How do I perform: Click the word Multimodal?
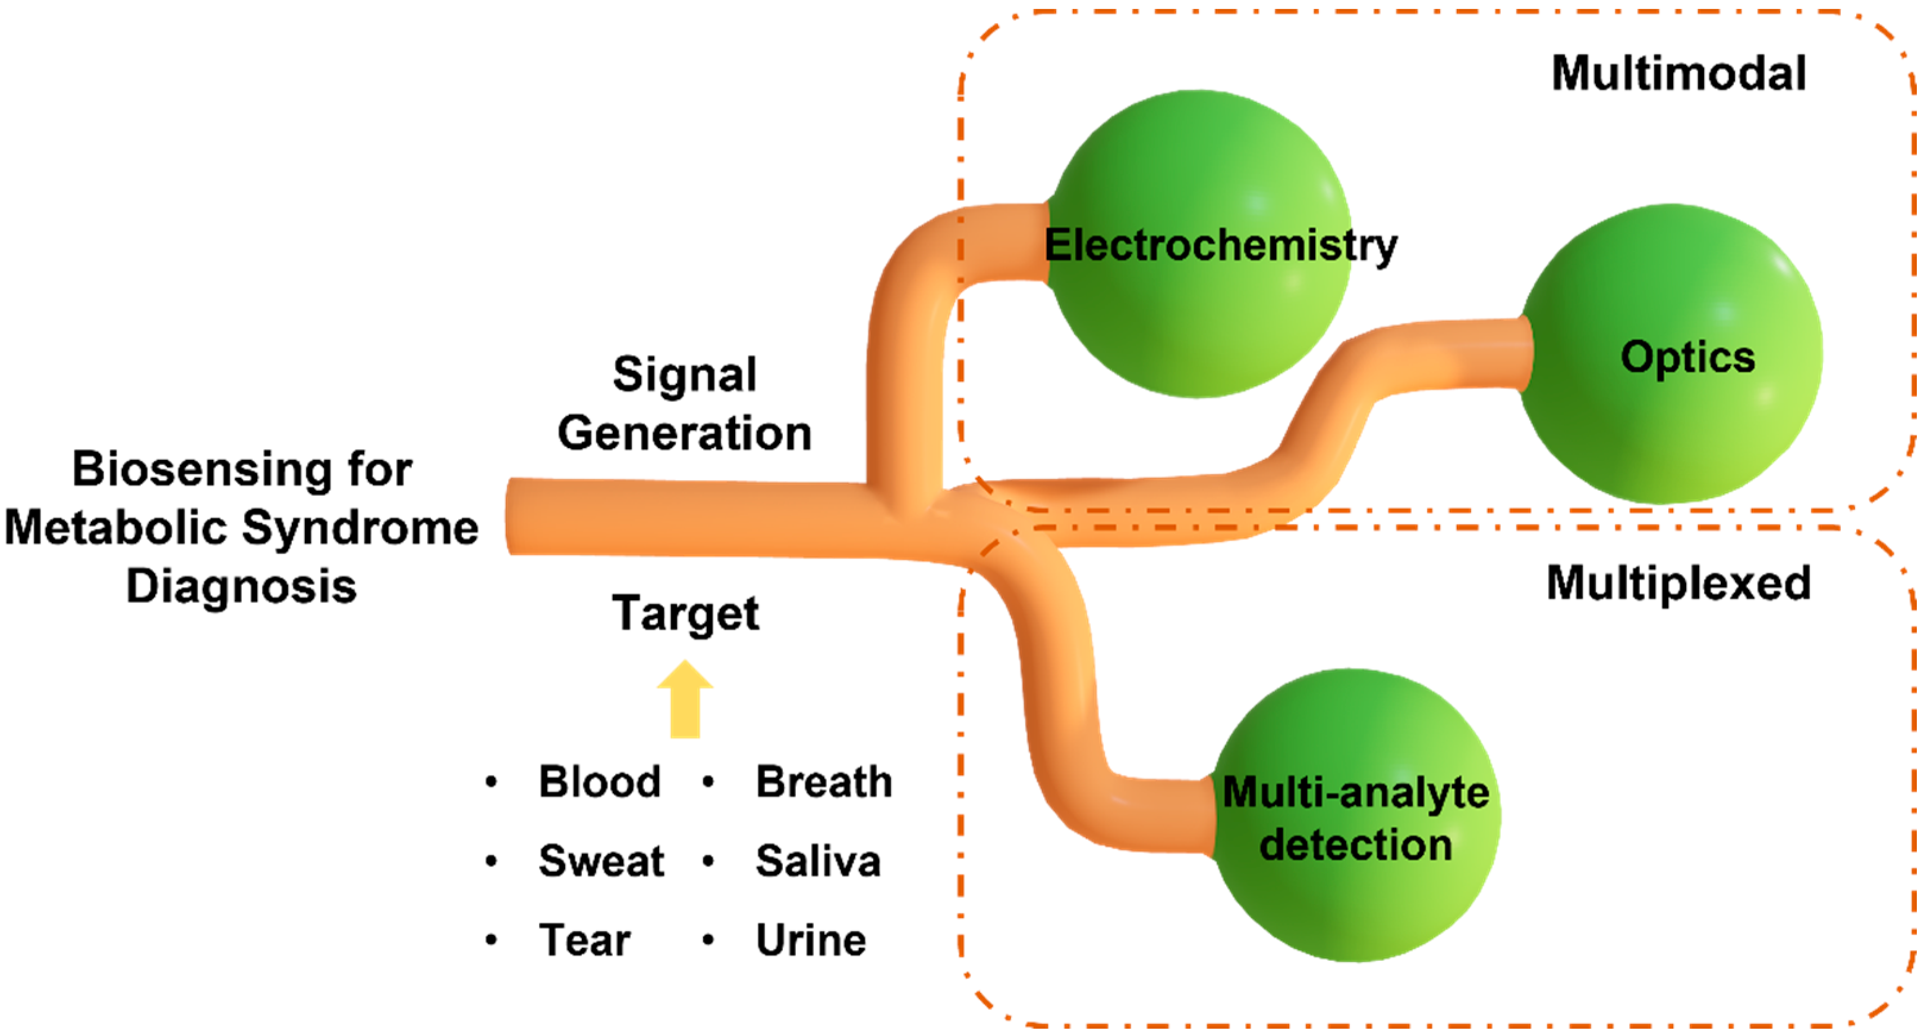(x=1678, y=74)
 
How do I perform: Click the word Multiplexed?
(x=1678, y=583)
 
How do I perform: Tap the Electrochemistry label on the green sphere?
(x=1220, y=245)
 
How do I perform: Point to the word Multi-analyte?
(x=1355, y=793)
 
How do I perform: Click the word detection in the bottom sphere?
(x=1355, y=846)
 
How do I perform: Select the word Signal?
(x=685, y=374)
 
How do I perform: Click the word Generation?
(x=685, y=434)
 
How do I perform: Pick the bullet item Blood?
(x=600, y=782)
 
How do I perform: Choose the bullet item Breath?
(x=823, y=782)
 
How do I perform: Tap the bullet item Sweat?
(x=601, y=861)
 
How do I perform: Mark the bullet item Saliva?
(x=818, y=861)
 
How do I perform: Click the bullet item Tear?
(x=585, y=940)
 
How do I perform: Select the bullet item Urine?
(x=811, y=940)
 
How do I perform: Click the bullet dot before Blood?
(x=491, y=782)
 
